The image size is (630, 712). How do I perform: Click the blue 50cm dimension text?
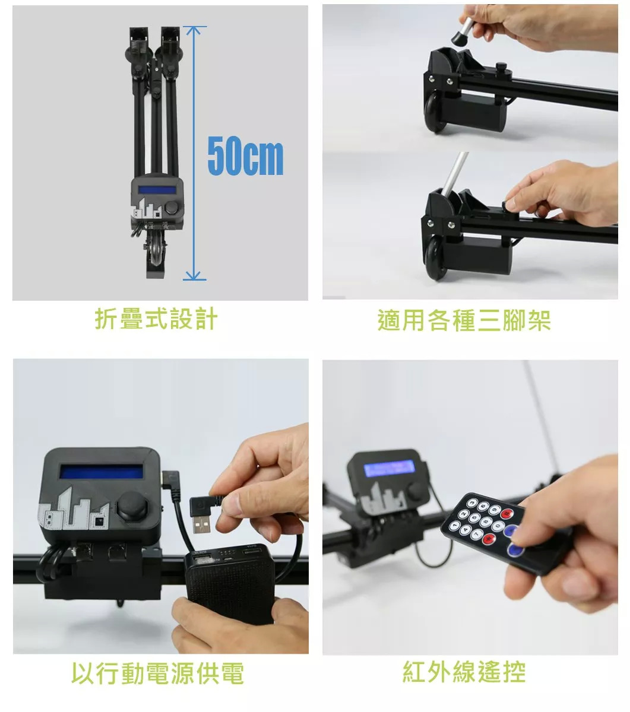[245, 155]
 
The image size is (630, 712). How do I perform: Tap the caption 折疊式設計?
[156, 319]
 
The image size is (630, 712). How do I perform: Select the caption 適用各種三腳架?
[464, 320]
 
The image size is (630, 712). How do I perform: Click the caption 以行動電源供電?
[157, 673]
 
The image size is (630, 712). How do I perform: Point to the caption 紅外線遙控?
[464, 672]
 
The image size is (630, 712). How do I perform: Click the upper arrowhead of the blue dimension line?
[193, 30]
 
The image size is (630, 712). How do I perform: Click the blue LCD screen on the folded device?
[157, 190]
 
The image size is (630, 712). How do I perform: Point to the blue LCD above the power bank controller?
[102, 471]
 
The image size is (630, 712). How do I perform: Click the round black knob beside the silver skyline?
[133, 507]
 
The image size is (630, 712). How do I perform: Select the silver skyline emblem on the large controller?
[73, 509]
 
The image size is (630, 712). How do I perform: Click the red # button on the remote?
[507, 513]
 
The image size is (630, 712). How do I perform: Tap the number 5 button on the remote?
[474, 517]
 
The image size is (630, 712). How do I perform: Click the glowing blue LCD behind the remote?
[389, 469]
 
